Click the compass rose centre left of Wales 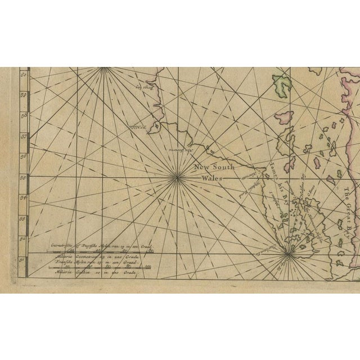point(178,178)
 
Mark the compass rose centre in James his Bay point(289,253)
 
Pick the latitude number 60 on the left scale point(24,75)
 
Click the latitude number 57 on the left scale point(24,136)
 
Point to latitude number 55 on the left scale point(24,177)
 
